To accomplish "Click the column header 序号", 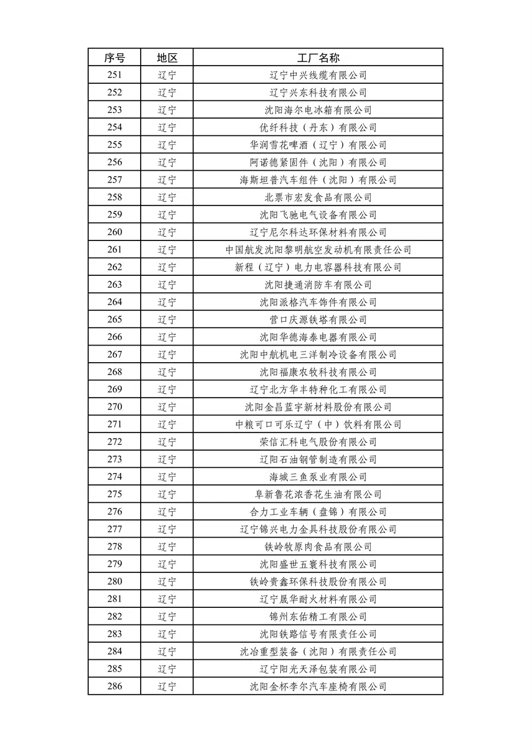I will tap(115, 57).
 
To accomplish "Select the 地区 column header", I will tap(167, 57).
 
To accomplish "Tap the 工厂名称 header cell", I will tap(318, 57).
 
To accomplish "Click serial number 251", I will tap(115, 75).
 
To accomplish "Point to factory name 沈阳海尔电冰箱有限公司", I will tap(318, 110).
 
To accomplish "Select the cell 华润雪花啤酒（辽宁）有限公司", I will tap(318, 145).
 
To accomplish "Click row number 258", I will tap(115, 197).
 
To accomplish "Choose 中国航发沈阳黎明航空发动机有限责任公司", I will tap(318, 250).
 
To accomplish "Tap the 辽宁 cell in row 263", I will tap(167, 285).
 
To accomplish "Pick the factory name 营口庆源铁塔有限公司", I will tap(318, 320).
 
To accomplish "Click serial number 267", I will tap(115, 354).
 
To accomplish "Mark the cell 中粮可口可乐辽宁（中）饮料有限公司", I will tap(318, 425).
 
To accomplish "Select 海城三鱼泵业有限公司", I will tap(318, 477).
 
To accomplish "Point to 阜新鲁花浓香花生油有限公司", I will tap(318, 494).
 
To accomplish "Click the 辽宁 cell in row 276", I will tap(167, 512).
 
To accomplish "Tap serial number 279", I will tap(115, 564).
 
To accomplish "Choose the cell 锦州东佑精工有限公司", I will tap(318, 617).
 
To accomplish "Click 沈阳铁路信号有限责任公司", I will tap(318, 634).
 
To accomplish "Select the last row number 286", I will tap(115, 686).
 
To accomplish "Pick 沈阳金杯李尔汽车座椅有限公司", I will tap(318, 686).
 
